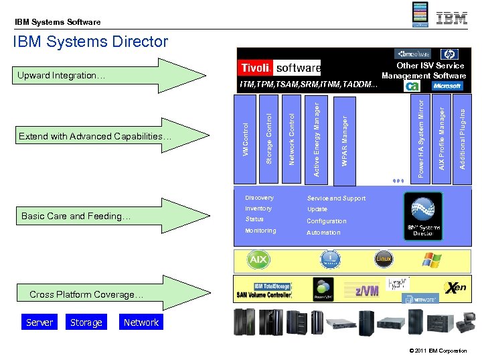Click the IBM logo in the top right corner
coord(452,18)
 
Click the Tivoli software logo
coord(279,68)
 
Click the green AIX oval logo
coord(258,259)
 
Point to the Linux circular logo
coord(383,259)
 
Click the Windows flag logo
coord(432,259)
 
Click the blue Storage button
coord(86,322)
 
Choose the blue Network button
coord(141,322)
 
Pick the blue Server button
coord(39,322)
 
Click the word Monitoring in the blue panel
coord(260,231)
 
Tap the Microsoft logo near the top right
coord(447,86)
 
